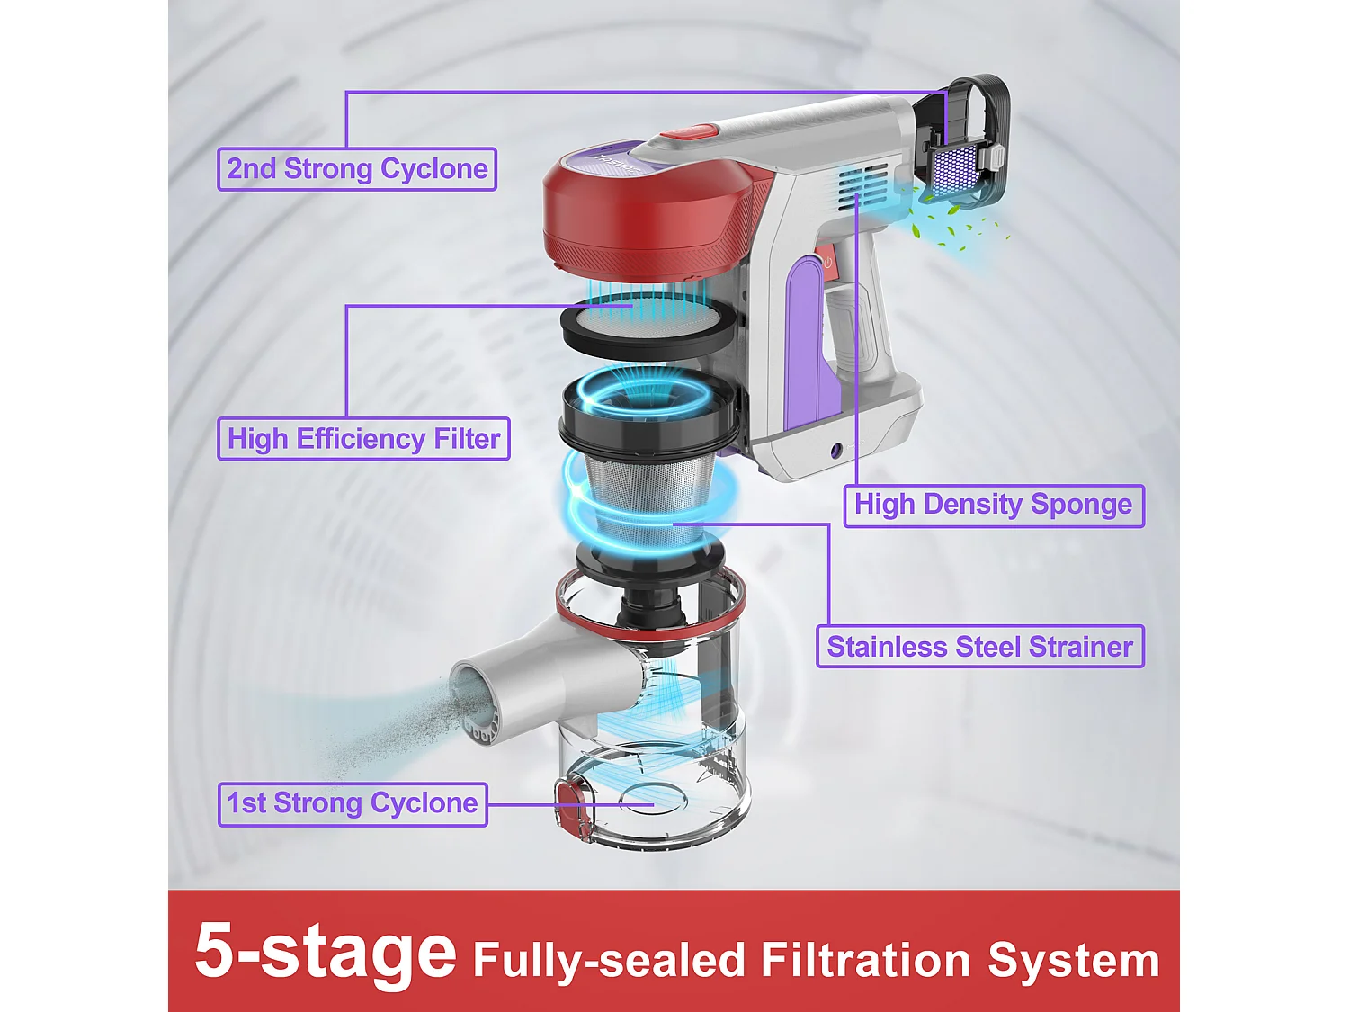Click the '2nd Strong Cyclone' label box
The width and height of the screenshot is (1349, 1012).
click(x=356, y=169)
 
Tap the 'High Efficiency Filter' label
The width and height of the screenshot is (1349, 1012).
click(x=364, y=439)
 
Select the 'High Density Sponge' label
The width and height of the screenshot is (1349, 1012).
click(x=993, y=505)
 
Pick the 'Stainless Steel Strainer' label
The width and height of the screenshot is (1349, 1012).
click(x=979, y=647)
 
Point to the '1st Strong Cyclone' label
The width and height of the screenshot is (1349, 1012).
click(x=353, y=803)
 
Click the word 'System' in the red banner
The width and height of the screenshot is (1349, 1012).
click(x=1073, y=961)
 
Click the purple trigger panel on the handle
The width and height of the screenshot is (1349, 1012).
click(x=807, y=345)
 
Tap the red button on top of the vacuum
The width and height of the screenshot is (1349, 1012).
click(x=692, y=131)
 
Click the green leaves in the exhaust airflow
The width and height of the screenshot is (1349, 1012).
click(x=959, y=230)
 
